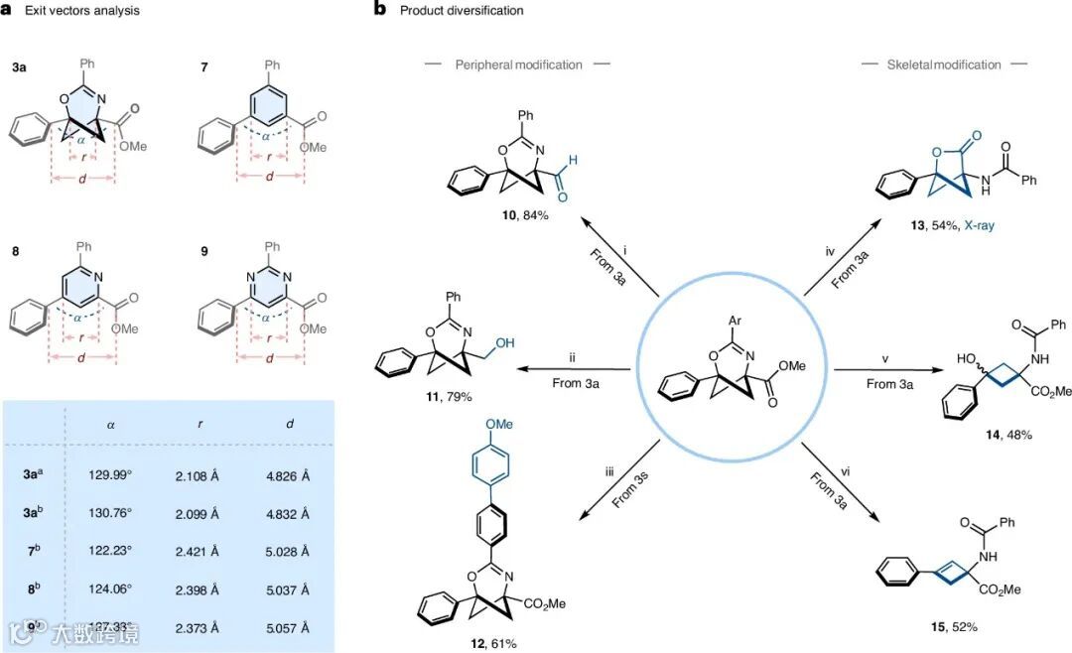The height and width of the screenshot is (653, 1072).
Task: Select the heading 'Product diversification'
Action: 462,11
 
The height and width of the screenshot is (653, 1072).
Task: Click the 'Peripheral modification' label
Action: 518,65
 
